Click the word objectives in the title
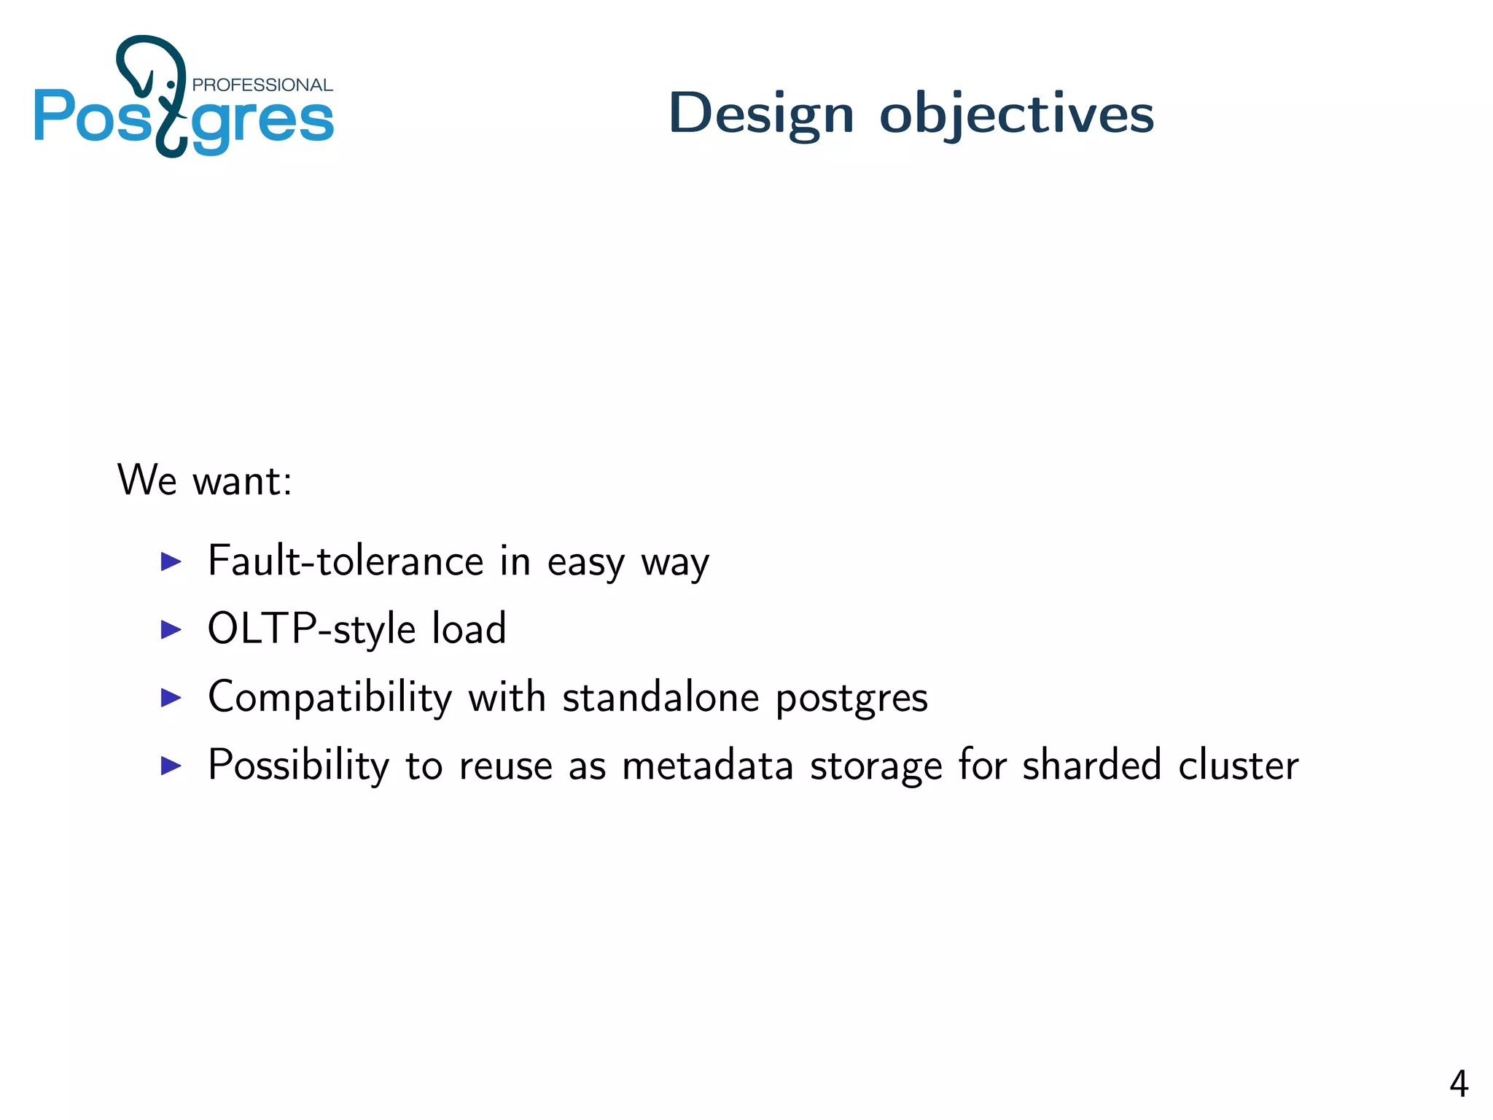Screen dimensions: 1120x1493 1016,114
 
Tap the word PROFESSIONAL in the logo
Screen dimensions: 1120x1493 262,85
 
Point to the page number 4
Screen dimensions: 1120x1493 1458,1084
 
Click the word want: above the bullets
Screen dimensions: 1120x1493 242,481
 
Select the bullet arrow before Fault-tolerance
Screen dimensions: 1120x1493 171,561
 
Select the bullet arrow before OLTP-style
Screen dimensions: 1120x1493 171,629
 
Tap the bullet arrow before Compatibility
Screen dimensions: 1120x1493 171,698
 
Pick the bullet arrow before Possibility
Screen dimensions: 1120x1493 171,766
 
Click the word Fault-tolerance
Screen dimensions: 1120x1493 346,561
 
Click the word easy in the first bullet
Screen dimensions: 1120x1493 585,563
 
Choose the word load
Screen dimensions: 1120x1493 469,629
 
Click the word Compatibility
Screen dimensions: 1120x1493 330,698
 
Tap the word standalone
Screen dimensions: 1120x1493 660,698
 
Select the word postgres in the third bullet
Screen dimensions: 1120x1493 851,699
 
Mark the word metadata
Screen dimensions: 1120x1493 707,766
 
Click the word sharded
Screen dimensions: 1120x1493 1091,766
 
